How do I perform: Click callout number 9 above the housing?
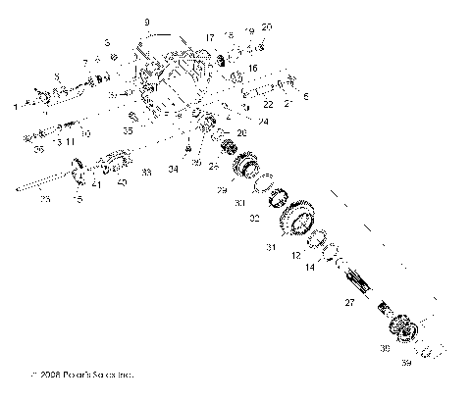click(x=146, y=22)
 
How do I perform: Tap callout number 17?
click(x=209, y=37)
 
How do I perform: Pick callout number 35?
click(x=128, y=129)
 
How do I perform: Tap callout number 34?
click(x=174, y=169)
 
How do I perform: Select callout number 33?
click(x=146, y=172)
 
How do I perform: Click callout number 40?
click(x=121, y=181)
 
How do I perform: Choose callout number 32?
click(x=253, y=218)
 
